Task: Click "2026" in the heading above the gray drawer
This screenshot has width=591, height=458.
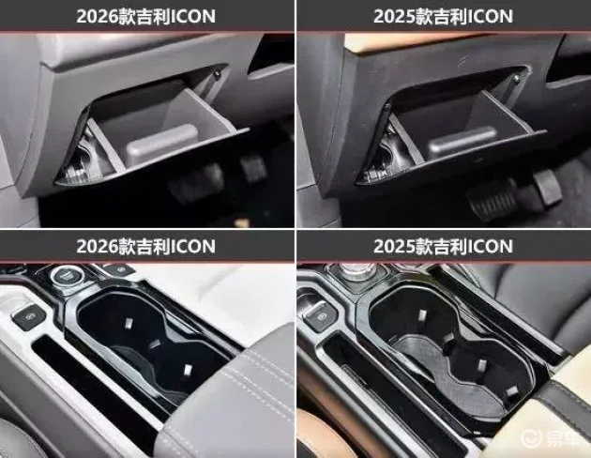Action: click(97, 16)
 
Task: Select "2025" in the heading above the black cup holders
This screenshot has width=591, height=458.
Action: click(394, 246)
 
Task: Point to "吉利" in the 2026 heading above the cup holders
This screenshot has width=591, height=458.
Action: click(154, 246)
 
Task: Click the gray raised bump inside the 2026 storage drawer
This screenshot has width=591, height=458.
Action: click(162, 143)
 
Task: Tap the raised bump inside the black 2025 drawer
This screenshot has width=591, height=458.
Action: click(463, 142)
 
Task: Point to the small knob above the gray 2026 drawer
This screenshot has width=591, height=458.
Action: click(217, 73)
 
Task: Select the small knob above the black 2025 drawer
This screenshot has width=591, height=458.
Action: click(517, 79)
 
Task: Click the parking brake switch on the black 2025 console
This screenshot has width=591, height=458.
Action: click(322, 315)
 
